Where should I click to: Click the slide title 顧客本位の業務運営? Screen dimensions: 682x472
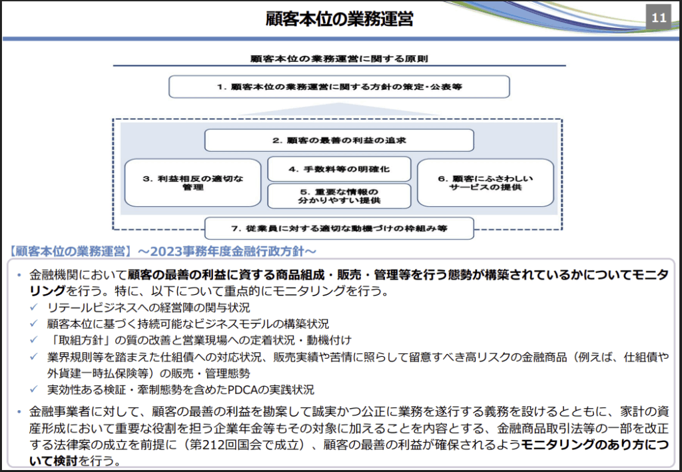point(339,19)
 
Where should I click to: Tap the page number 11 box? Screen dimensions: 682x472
point(659,18)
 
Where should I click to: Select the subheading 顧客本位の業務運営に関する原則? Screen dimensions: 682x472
point(339,59)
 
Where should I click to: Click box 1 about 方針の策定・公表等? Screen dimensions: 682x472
point(339,87)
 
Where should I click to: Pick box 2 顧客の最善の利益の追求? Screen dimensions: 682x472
point(339,140)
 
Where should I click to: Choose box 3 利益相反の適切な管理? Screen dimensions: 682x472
point(192,183)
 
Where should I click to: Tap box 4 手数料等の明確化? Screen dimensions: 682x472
point(339,169)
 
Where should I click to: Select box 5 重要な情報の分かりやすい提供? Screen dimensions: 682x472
point(339,196)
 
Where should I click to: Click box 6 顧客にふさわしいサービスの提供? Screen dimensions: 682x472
point(486,183)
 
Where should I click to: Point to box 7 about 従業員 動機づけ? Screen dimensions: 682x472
point(339,228)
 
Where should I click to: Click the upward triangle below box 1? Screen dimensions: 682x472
point(339,109)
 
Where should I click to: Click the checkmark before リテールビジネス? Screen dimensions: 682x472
point(34,308)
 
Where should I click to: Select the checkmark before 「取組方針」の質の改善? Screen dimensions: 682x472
point(34,340)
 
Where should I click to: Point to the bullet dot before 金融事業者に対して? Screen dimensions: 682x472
point(19,411)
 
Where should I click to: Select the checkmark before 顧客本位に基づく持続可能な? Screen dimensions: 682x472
point(34,324)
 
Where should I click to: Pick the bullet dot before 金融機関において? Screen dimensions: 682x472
point(19,275)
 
